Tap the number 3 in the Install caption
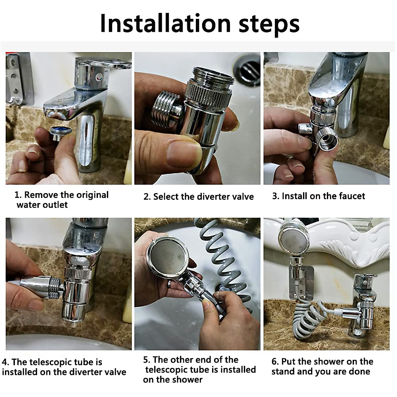(x=275, y=196)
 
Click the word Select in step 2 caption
(x=165, y=197)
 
